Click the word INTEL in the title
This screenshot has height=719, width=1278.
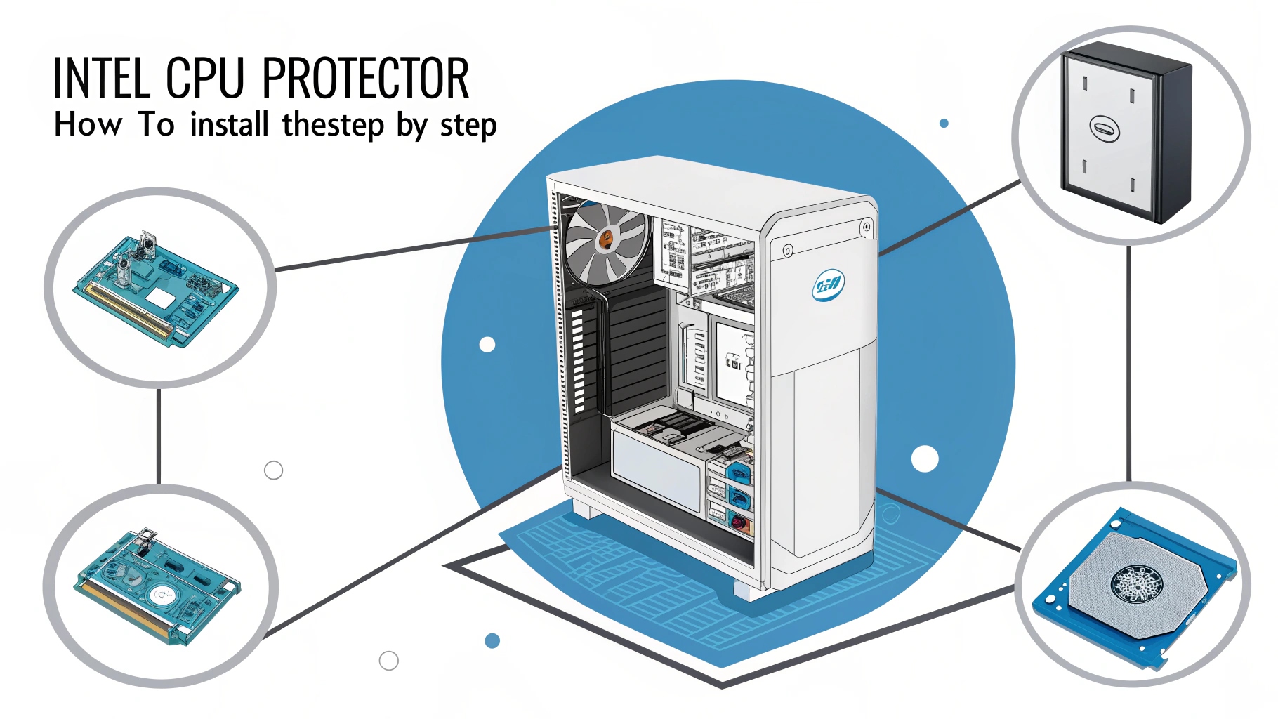tap(101, 79)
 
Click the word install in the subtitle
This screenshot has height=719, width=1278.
tap(230, 125)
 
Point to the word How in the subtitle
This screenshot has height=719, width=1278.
tap(88, 125)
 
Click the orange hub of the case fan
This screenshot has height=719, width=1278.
tap(605, 240)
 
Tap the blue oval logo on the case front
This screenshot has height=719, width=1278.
tap(829, 285)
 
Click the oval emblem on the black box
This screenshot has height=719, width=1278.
tap(1104, 128)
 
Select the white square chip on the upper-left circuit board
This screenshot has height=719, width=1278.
tap(160, 298)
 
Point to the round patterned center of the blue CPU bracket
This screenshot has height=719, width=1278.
tap(1135, 584)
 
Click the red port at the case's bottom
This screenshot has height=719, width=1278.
tap(738, 522)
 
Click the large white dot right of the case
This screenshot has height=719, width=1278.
tap(925, 459)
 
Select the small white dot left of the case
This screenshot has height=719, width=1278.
tap(487, 345)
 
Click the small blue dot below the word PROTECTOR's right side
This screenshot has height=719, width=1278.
tap(944, 124)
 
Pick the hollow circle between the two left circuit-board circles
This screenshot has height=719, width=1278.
tap(273, 470)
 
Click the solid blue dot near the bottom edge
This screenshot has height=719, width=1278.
tap(492, 640)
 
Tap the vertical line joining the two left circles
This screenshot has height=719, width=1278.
tap(159, 435)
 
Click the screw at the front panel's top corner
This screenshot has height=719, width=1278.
tap(867, 227)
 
